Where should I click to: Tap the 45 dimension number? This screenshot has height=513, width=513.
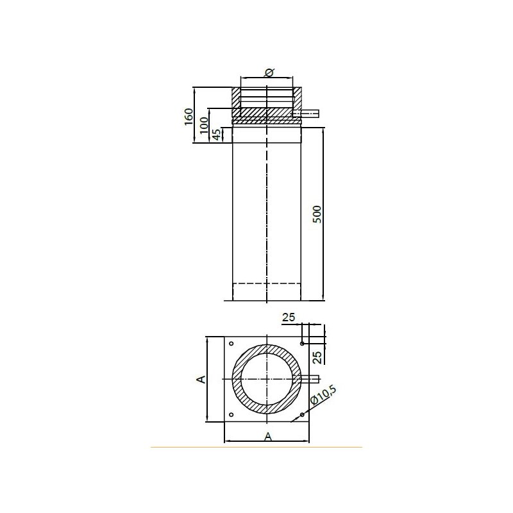click(217, 135)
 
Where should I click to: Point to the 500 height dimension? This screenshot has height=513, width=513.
click(316, 214)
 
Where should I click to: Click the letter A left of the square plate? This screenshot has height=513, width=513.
click(200, 379)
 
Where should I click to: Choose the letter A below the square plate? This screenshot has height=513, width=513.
click(268, 437)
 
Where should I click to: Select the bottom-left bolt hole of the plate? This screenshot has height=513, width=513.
click(232, 416)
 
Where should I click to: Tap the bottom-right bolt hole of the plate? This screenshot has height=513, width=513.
click(301, 416)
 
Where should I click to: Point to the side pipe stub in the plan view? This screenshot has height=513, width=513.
click(310, 379)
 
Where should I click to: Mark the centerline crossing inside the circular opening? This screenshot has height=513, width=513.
click(266, 379)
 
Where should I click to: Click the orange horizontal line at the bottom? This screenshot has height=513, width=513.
click(256, 447)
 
